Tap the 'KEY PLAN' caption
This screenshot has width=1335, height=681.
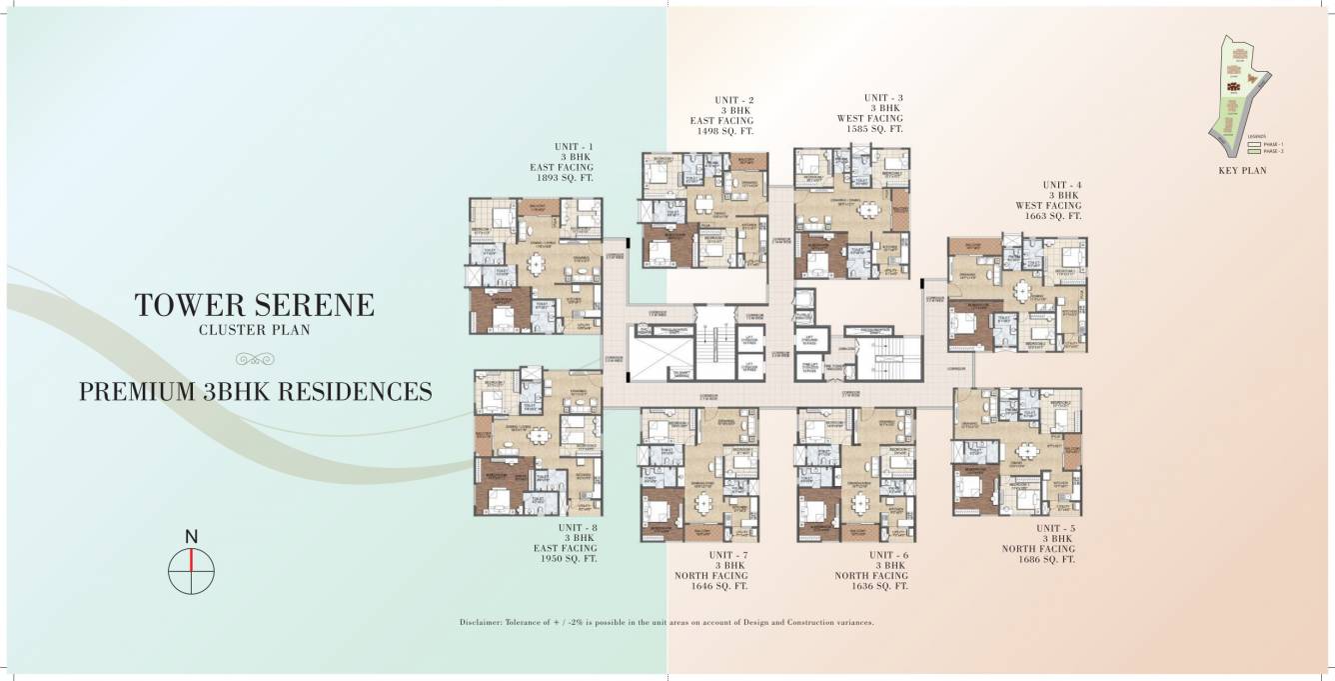pyautogui.click(x=1242, y=170)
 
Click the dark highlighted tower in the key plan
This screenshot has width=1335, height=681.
pyautogui.click(x=1238, y=89)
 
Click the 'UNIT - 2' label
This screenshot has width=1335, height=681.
pyautogui.click(x=733, y=100)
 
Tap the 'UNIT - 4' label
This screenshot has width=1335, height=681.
pyautogui.click(x=1061, y=185)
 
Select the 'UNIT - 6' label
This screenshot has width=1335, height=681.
pyautogui.click(x=887, y=555)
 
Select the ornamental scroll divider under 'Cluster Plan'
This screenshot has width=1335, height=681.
pyautogui.click(x=254, y=358)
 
